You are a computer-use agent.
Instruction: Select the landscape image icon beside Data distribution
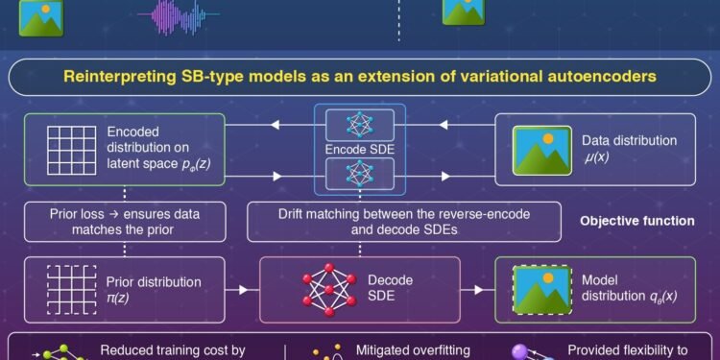[x=537, y=149]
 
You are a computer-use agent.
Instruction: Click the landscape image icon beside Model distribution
[x=537, y=289]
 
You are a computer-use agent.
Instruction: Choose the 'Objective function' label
[x=636, y=221]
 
